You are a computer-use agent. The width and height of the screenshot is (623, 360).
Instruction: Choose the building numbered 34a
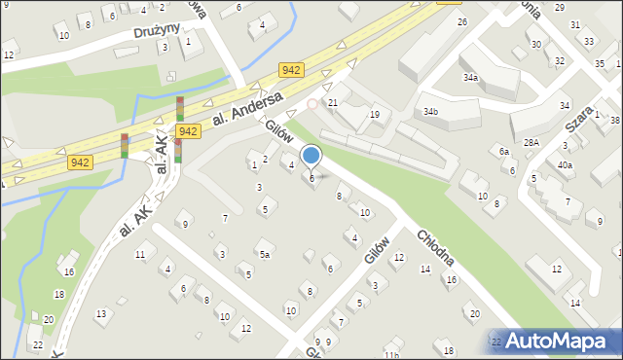(x=470, y=77)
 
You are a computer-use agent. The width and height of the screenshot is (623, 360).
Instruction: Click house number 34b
(x=430, y=112)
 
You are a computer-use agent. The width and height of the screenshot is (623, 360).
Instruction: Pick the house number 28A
(x=531, y=143)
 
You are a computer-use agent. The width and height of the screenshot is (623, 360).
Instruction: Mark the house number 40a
(x=565, y=164)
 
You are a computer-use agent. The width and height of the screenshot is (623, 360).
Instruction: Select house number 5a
(x=264, y=256)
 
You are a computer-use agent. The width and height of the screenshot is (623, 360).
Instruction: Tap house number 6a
(x=503, y=152)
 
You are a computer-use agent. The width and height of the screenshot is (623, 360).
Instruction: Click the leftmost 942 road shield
(x=81, y=162)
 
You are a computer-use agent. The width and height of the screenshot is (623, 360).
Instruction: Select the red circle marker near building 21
(x=312, y=104)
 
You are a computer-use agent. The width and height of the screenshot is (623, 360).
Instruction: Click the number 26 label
(x=462, y=21)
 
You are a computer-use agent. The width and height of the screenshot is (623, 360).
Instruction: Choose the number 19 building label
(x=374, y=115)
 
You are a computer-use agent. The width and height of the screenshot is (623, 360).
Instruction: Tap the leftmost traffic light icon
(x=124, y=145)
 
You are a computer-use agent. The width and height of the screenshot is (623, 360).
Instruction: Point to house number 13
(x=101, y=313)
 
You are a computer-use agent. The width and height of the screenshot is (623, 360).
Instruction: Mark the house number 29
(x=559, y=7)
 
